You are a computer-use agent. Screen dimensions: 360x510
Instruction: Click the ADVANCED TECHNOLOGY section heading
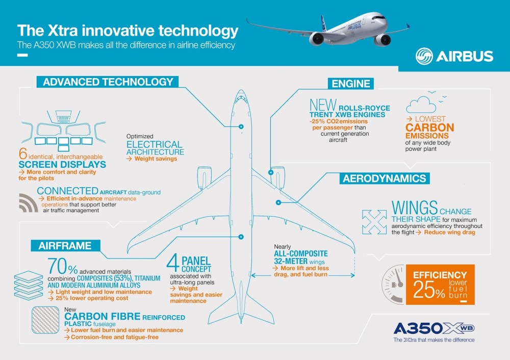pyautogui.click(x=108, y=82)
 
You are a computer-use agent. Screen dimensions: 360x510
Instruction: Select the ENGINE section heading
pyautogui.click(x=352, y=84)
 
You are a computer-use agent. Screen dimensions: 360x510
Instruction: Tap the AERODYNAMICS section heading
pyautogui.click(x=384, y=178)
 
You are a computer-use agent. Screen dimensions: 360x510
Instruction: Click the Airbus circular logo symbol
pyautogui.click(x=424, y=56)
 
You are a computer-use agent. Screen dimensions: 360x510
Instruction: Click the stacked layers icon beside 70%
pyautogui.click(x=29, y=278)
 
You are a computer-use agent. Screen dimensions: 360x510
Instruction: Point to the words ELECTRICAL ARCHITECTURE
pyautogui.click(x=155, y=148)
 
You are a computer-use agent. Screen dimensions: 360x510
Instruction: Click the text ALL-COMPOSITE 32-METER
pyautogui.click(x=300, y=256)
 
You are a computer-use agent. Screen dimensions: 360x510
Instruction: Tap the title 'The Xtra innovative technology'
pyautogui.click(x=127, y=31)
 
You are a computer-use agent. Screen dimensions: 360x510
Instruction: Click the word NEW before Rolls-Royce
pyautogui.click(x=322, y=106)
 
